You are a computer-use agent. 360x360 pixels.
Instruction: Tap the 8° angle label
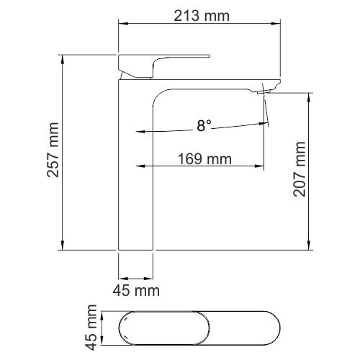[x=204, y=126]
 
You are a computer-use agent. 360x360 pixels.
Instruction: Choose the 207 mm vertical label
[x=300, y=171]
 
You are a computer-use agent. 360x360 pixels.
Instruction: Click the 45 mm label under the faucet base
[x=137, y=291]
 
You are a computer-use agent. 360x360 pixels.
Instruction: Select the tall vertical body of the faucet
[x=135, y=173]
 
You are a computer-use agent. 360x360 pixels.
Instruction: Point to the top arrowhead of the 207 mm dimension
[x=310, y=96]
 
